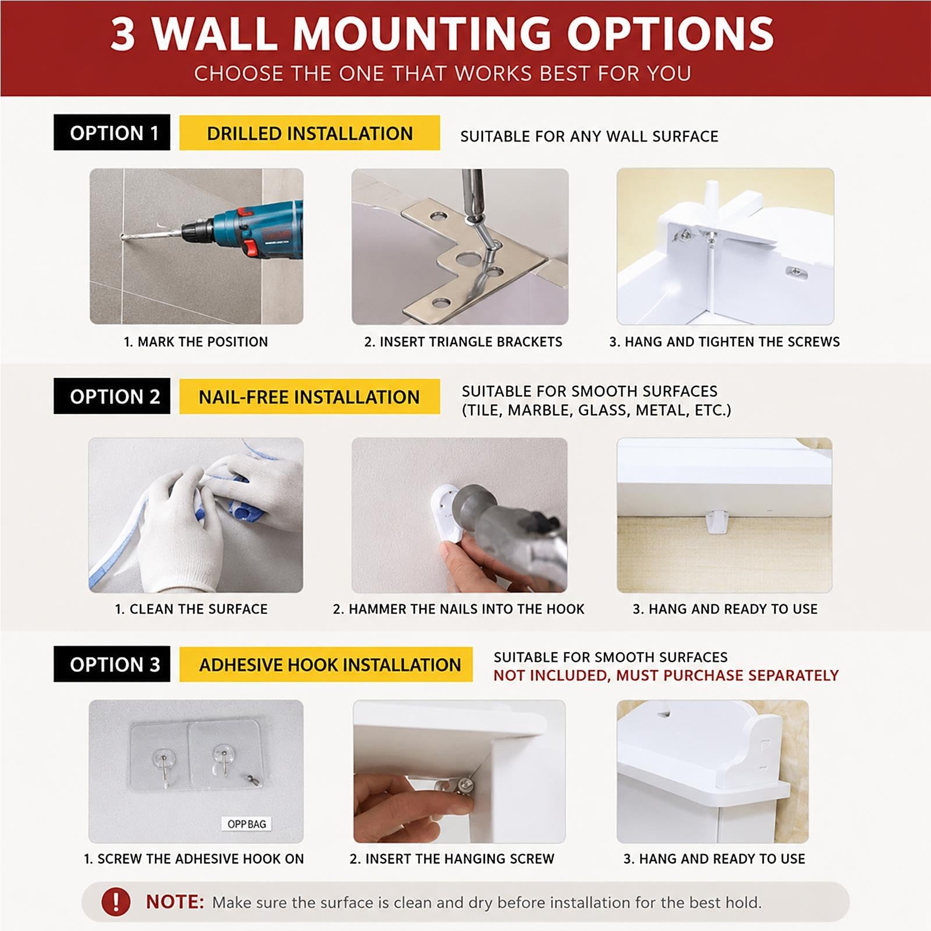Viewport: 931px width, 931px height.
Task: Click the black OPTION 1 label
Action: click(112, 133)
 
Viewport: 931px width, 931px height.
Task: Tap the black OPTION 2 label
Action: click(112, 396)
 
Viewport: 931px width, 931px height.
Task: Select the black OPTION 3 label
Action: click(112, 664)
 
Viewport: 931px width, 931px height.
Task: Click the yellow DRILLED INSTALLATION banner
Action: click(310, 133)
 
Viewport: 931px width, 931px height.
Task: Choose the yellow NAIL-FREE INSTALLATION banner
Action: click(310, 397)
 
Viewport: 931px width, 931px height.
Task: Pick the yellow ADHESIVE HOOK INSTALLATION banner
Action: click(326, 664)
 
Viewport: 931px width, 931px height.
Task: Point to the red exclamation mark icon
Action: click(116, 901)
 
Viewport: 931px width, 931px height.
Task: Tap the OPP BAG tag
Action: click(247, 824)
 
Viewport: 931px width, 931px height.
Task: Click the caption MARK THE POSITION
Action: click(196, 342)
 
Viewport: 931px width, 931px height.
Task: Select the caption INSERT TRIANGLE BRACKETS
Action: click(463, 342)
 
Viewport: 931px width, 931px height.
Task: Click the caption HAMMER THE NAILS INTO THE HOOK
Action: click(459, 609)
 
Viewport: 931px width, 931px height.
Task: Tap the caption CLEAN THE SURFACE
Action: click(191, 609)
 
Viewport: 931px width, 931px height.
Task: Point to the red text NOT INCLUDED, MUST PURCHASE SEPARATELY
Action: click(666, 676)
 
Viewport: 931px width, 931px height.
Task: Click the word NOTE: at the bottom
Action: click(175, 902)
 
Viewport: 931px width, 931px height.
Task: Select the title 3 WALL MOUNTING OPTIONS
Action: click(442, 34)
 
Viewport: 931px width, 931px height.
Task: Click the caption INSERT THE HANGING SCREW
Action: click(452, 859)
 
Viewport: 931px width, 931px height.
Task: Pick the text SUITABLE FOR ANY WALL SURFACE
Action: click(589, 136)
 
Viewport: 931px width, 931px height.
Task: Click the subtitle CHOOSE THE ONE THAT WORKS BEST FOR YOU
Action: click(442, 74)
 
